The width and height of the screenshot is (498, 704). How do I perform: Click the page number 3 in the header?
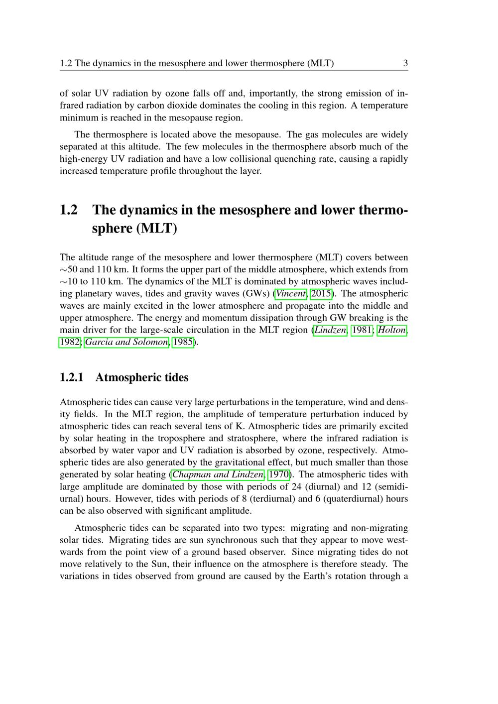pyautogui.click(x=405, y=63)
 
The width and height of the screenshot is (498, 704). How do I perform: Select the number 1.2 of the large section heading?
pyautogui.click(x=69, y=210)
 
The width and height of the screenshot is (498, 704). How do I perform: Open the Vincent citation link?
pyautogui.click(x=290, y=294)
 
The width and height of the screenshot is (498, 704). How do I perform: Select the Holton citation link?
pyautogui.click(x=392, y=330)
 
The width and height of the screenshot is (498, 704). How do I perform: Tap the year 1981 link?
pyautogui.click(x=362, y=330)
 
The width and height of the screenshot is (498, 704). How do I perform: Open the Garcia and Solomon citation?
pyautogui.click(x=126, y=342)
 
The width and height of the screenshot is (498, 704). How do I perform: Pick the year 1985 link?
pyautogui.click(x=182, y=342)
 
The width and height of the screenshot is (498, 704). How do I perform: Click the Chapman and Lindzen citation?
pyautogui.click(x=218, y=474)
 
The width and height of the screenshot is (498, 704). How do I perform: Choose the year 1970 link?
pyautogui.click(x=278, y=474)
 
